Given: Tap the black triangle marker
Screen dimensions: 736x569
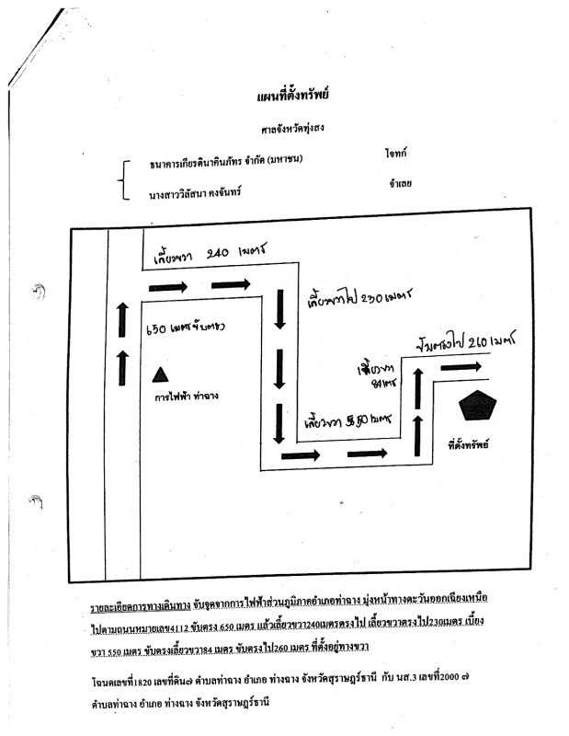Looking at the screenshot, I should pyautogui.click(x=159, y=374).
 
